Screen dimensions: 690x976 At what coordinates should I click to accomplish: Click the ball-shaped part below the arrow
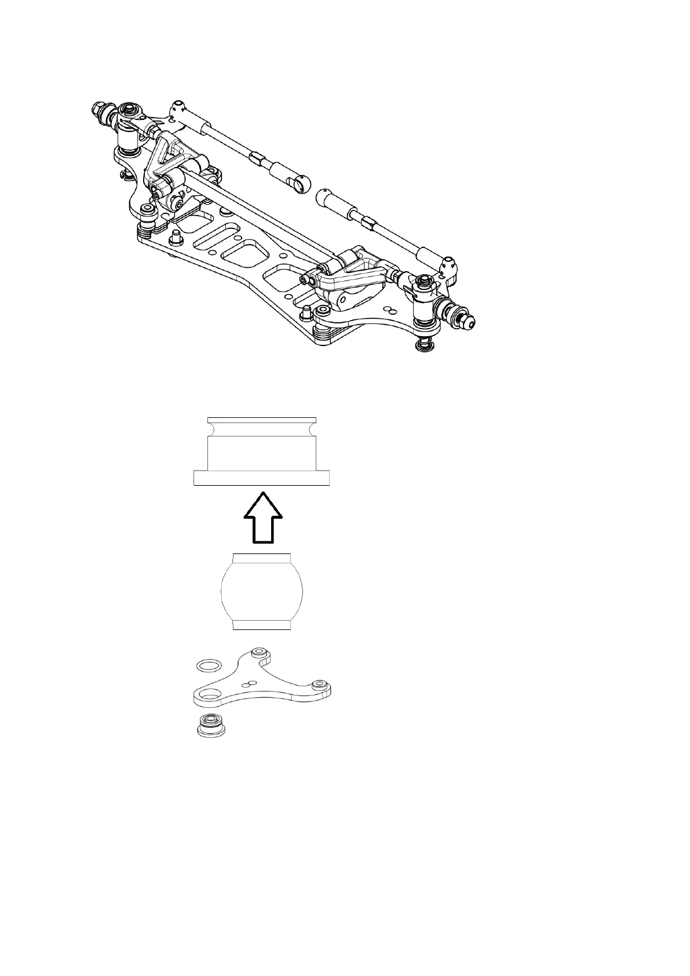(262, 591)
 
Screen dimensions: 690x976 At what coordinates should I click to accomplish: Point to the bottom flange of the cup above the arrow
(261, 478)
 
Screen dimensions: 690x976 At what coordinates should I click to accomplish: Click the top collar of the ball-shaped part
(261, 558)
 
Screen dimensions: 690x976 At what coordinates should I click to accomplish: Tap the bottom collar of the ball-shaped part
(261, 624)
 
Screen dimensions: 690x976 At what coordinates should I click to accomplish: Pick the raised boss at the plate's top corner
(260, 653)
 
